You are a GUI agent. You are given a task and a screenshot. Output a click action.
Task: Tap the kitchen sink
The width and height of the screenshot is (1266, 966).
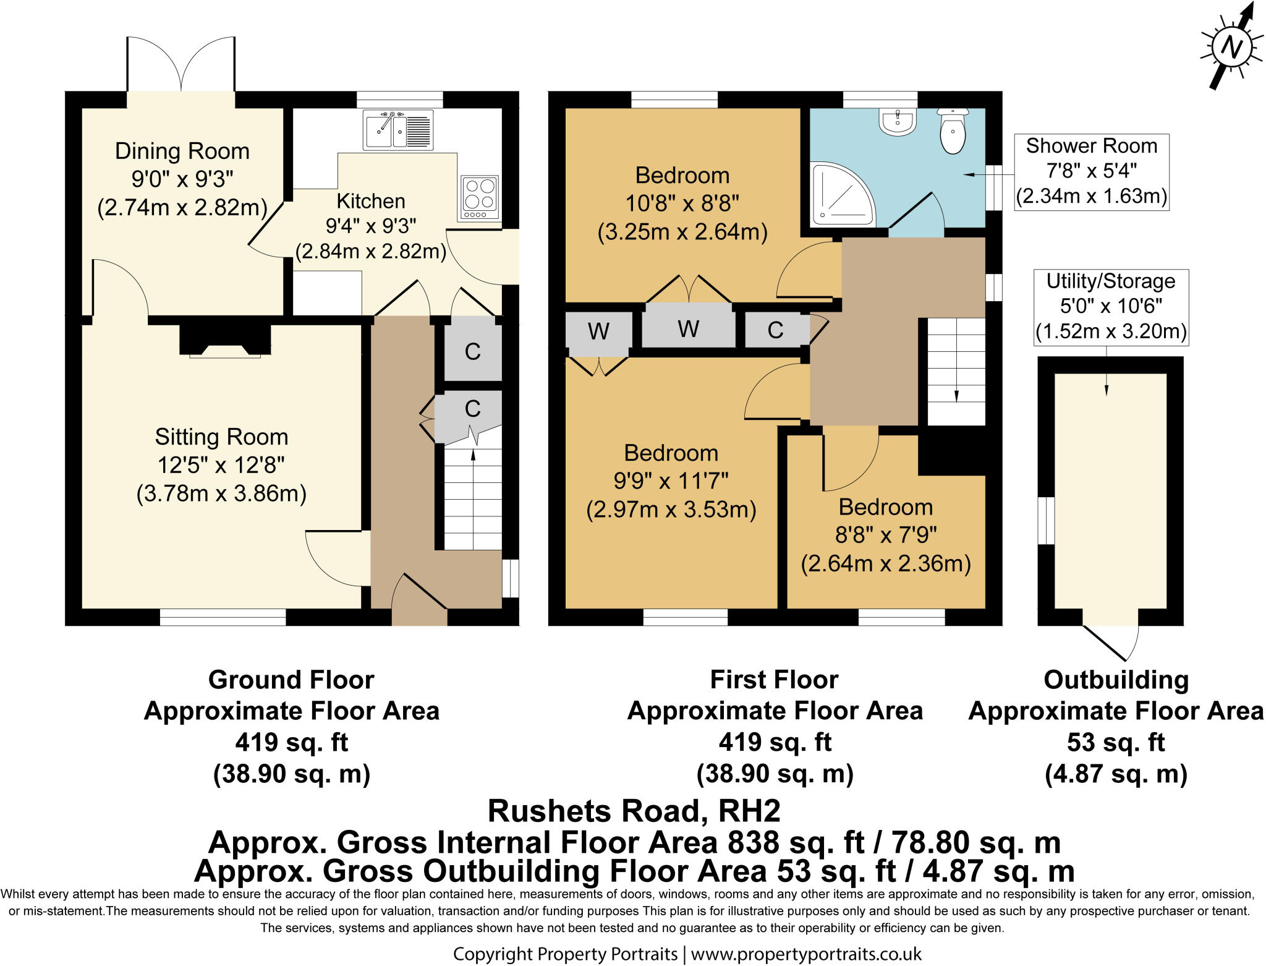coord(397,130)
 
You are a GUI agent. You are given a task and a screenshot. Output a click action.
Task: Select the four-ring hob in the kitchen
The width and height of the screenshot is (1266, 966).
coord(479,197)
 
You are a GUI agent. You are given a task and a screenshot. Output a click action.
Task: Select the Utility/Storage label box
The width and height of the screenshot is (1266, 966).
coord(1111,307)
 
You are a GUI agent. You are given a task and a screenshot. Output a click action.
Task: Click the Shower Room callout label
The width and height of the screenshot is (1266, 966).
coord(1091,171)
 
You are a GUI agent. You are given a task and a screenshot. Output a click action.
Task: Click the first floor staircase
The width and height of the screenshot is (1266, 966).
coord(956,371)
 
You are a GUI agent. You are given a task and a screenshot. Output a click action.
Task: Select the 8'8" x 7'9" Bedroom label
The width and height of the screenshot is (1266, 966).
coord(885,535)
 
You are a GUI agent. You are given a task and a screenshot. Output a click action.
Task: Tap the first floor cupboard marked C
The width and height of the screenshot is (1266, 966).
coord(775,330)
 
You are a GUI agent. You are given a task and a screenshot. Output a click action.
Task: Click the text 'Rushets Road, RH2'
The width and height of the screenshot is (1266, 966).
coord(634,811)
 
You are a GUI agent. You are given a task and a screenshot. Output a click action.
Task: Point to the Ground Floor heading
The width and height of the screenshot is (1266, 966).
coord(291,680)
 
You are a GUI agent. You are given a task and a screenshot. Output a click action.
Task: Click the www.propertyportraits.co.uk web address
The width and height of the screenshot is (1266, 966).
coord(805,954)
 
